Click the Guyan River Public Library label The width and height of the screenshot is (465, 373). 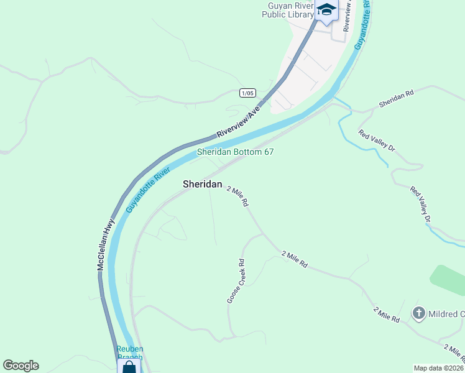(x=287, y=10)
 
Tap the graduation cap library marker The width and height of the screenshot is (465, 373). (x=326, y=11)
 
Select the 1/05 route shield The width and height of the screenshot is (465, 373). (x=247, y=93)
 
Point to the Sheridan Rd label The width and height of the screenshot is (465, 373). (x=396, y=98)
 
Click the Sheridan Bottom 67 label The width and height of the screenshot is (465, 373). (x=235, y=152)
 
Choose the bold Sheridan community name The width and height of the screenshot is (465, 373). (x=202, y=185)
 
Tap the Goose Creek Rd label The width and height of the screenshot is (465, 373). (x=236, y=282)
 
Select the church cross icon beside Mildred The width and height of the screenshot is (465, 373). (x=419, y=313)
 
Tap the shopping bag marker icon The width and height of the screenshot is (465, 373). (x=129, y=367)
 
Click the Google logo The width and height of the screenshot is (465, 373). (x=21, y=366)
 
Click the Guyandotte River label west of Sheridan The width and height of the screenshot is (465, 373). (x=148, y=189)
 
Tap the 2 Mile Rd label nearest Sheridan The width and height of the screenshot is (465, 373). (x=237, y=196)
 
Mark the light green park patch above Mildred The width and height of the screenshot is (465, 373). (x=449, y=280)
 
